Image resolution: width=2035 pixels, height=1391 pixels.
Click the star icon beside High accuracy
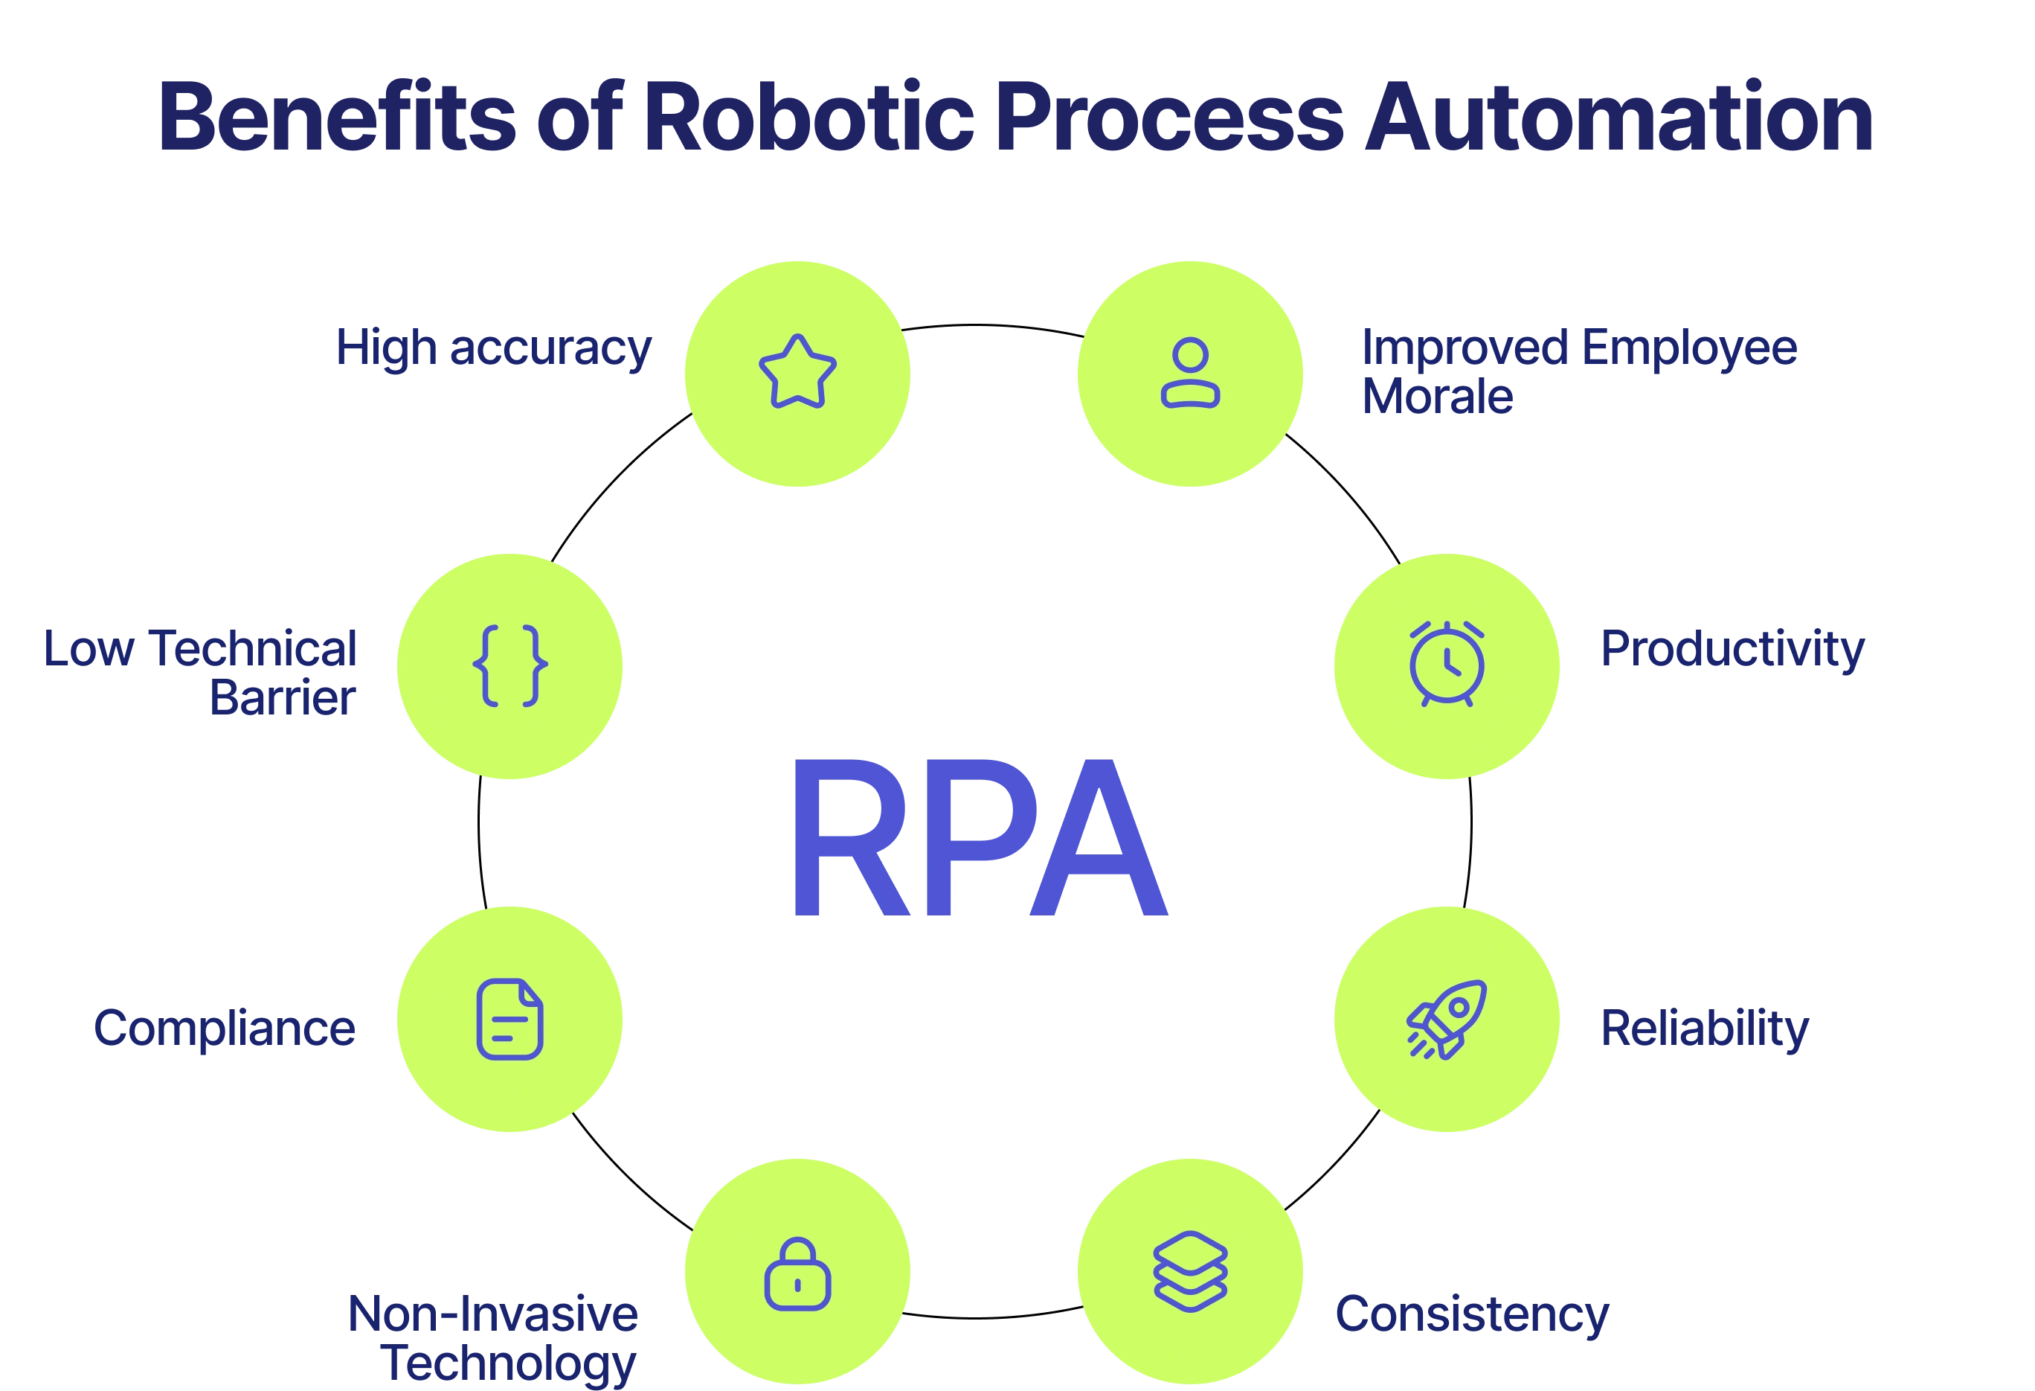797,372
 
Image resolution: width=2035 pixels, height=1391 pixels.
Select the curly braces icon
509,665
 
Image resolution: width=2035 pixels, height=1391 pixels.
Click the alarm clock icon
1447,664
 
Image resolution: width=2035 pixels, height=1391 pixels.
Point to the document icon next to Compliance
509,1019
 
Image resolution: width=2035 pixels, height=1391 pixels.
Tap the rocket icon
1447,1019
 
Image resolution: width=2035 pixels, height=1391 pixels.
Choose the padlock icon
797,1274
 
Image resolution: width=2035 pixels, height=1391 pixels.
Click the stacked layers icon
1190,1271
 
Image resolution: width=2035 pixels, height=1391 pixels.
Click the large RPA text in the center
978,840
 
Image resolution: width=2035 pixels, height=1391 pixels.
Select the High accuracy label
492,348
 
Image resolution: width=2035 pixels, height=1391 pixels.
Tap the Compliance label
225,1028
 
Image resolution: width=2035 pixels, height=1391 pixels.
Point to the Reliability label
1704,1029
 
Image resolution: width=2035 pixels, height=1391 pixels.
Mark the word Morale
1437,397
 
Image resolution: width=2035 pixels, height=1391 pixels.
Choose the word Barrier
282,698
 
